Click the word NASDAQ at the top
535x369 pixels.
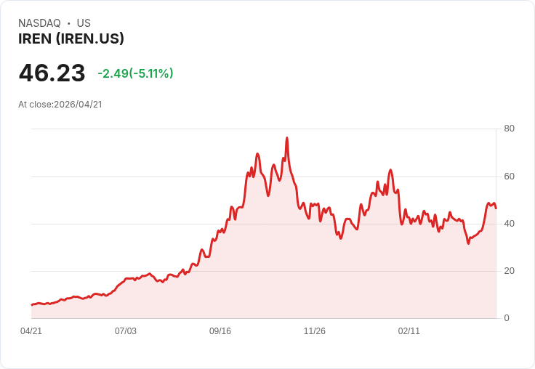(39, 23)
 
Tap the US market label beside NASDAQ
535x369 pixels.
(84, 23)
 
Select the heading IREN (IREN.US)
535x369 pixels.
(71, 38)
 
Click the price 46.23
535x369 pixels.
(52, 73)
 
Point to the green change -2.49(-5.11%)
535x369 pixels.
(135, 73)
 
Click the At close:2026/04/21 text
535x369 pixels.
(60, 104)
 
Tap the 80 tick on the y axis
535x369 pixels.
(509, 129)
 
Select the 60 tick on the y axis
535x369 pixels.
(509, 177)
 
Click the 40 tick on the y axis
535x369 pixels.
(509, 224)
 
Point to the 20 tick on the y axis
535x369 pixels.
(509, 271)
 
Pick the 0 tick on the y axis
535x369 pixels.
(507, 318)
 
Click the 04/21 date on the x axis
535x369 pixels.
(31, 331)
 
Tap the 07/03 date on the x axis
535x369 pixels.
(126, 331)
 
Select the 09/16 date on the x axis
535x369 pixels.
(220, 331)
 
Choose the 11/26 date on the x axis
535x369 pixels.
(315, 331)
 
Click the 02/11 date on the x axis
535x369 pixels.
(409, 331)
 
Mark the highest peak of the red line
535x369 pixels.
(287, 138)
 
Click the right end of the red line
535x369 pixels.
(496, 208)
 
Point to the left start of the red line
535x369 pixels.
(31, 305)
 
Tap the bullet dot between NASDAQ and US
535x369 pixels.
(68, 23)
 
